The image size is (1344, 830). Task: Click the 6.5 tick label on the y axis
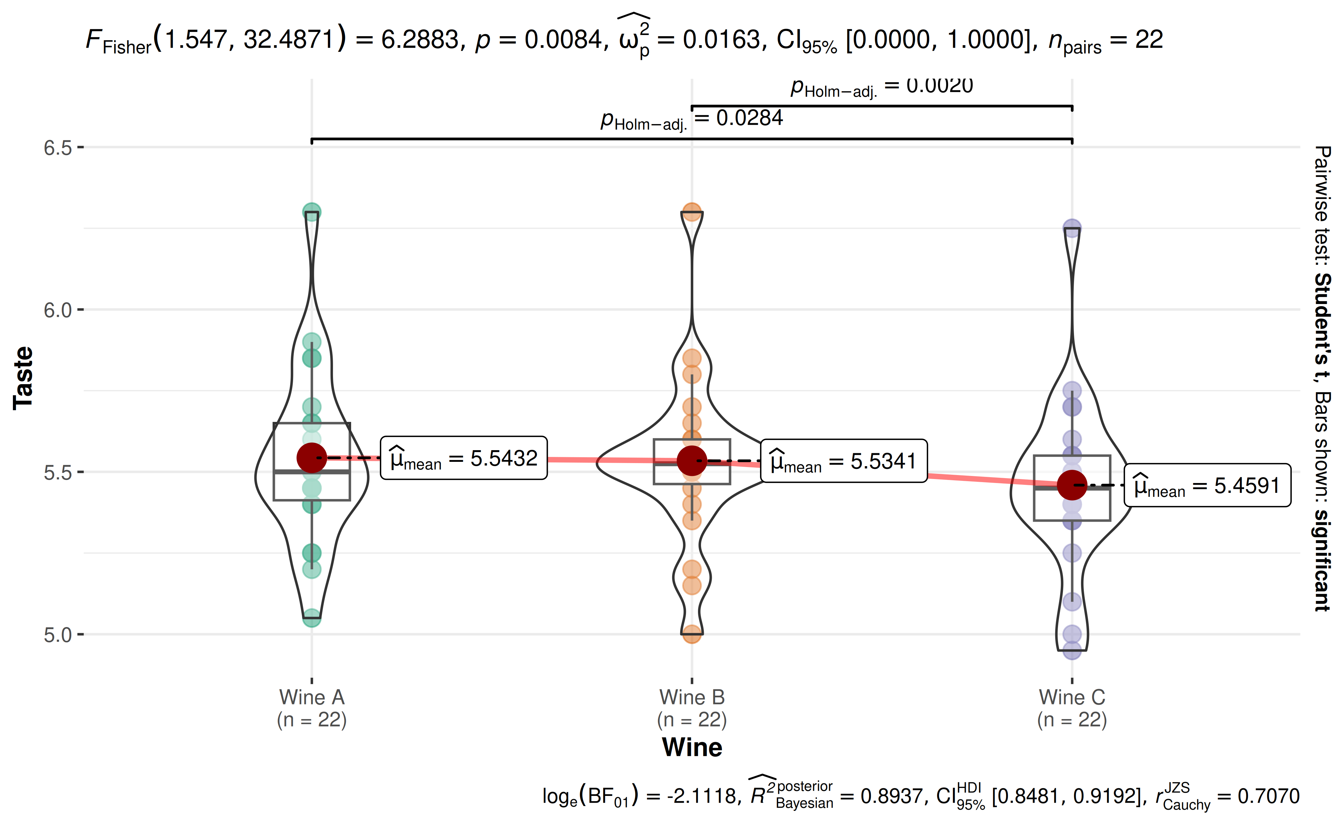(x=58, y=148)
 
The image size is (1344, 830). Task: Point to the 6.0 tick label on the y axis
(x=58, y=310)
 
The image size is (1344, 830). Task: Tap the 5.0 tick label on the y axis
(x=58, y=635)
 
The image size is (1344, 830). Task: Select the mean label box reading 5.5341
(x=844, y=461)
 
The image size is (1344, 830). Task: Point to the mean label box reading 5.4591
(x=1207, y=485)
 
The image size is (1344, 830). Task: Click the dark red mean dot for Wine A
(x=312, y=458)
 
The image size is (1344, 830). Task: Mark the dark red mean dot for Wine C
(x=1072, y=485)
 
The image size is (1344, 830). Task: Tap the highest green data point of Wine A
(x=312, y=212)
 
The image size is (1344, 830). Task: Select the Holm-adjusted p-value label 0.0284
(x=692, y=119)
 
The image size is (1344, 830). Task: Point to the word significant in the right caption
(x=1322, y=560)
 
